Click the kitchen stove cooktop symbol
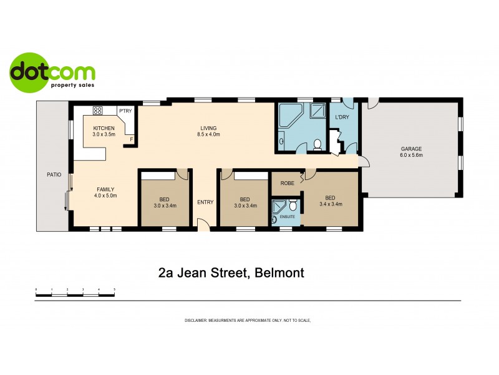tap(98, 111)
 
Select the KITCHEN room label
tap(104, 127)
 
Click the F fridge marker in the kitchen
tap(131, 140)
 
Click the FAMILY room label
tap(105, 189)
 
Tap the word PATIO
tap(54, 174)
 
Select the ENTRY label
tap(205, 202)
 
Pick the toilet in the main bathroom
tap(317, 144)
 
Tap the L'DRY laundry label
tap(342, 117)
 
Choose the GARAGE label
tap(411, 149)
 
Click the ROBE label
tap(288, 184)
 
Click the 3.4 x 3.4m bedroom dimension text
tap(331, 204)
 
